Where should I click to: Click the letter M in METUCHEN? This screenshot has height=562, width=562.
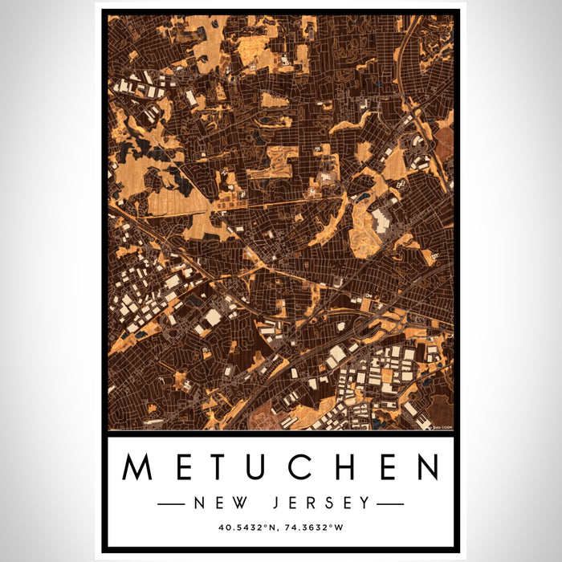tap(138, 467)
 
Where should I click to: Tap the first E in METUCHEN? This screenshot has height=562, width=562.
tap(182, 467)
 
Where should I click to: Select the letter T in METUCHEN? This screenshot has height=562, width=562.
tap(220, 467)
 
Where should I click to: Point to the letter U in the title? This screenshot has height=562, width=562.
tap(261, 467)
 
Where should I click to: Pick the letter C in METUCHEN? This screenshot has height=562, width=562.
tap(303, 467)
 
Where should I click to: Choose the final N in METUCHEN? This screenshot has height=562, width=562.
tap(426, 467)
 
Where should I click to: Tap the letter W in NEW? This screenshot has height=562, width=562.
tap(238, 503)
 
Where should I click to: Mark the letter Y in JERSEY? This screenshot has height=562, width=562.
tap(366, 503)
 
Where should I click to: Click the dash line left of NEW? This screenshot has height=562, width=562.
tap(172, 504)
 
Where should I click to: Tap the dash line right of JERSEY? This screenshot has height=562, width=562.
tap(390, 504)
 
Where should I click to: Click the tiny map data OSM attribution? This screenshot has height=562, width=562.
tap(442, 427)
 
